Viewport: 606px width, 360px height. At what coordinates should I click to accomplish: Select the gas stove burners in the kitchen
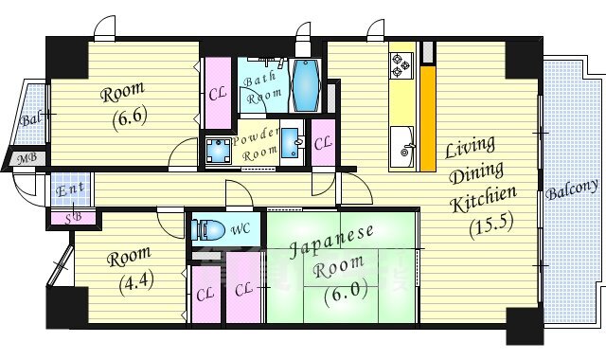point(397,65)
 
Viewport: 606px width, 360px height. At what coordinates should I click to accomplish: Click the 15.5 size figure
point(490,225)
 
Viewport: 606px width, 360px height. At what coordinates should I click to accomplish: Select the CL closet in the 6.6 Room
point(217,95)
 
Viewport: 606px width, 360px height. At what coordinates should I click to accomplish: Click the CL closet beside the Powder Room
point(322,143)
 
